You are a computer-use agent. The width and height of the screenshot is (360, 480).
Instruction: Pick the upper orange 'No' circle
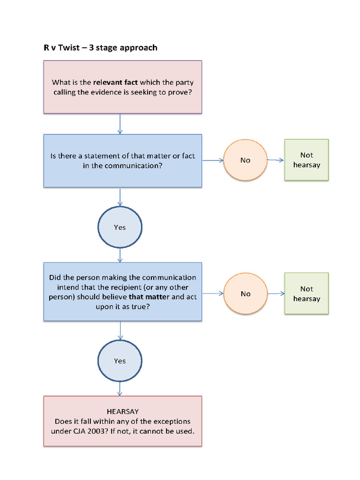point(245,160)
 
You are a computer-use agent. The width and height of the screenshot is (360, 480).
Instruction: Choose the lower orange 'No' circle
point(245,294)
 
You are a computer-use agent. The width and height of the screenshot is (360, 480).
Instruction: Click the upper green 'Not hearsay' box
point(307,160)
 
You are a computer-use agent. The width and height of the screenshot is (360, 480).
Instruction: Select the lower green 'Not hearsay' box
point(307,294)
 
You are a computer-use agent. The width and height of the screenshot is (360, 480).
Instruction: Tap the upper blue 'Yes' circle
point(120,227)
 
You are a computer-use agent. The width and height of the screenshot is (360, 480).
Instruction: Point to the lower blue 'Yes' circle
point(120,361)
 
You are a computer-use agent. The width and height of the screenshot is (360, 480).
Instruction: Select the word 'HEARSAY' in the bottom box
point(123,412)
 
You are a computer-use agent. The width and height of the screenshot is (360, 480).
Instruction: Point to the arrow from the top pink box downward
point(120,124)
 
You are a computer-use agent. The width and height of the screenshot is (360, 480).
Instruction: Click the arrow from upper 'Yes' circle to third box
point(120,255)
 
